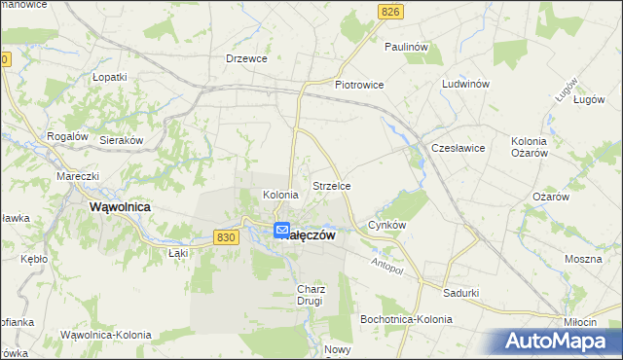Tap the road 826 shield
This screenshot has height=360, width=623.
pyautogui.click(x=390, y=11)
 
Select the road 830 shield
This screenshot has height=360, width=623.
pyautogui.click(x=226, y=237)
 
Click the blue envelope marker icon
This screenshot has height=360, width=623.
pyautogui.click(x=282, y=231)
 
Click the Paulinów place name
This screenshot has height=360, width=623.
pyautogui.click(x=407, y=46)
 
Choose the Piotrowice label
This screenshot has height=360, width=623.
pyautogui.click(x=359, y=85)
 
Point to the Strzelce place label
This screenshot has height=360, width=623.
pyautogui.click(x=331, y=185)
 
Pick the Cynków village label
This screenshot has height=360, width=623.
pyautogui.click(x=386, y=225)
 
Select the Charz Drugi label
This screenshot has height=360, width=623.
pyautogui.click(x=310, y=295)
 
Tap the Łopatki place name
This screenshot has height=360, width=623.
pyautogui.click(x=110, y=76)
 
